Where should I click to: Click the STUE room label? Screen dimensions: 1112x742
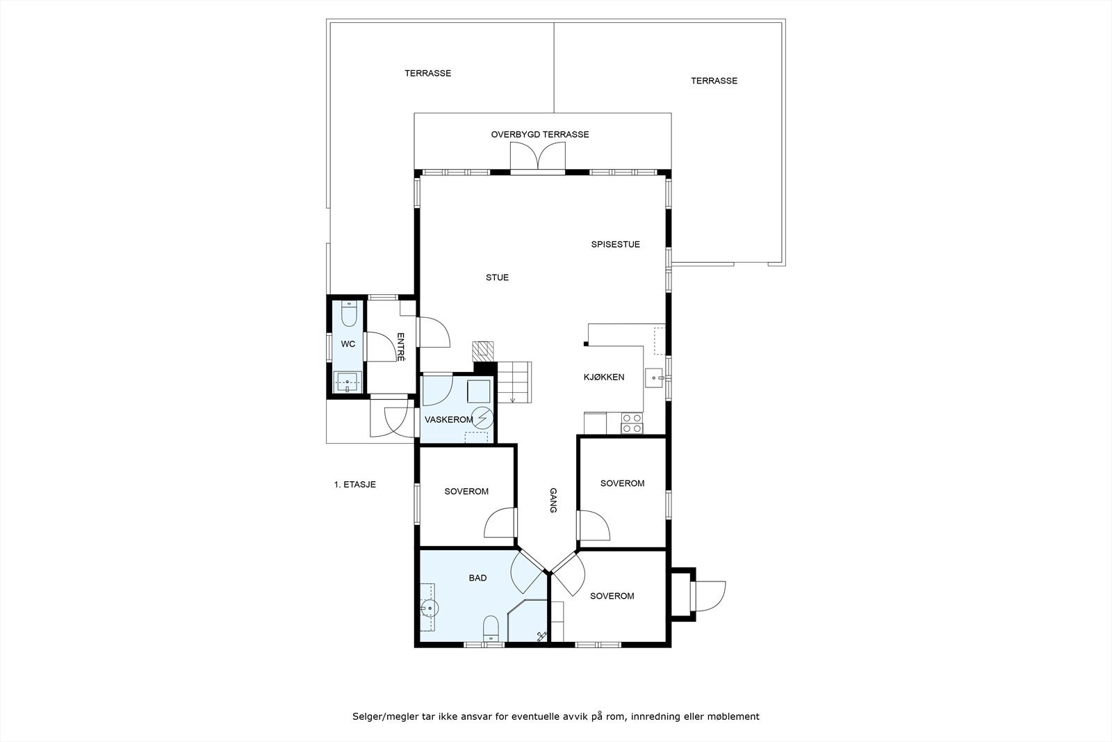497,277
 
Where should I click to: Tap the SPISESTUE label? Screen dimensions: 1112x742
615,244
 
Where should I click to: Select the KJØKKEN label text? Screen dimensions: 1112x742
604,377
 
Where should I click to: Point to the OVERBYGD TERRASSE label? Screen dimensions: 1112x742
539,135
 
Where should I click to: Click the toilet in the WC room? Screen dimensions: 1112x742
349,314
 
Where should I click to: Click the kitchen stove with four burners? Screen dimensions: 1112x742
632,424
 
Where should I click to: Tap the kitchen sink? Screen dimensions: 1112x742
655,378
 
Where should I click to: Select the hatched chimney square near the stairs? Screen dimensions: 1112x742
482,351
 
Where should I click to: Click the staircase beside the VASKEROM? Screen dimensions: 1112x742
514,382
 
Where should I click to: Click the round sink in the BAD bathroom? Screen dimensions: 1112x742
429,607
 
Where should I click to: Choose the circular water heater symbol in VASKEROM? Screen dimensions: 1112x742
482,418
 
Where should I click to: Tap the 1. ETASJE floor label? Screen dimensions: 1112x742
354,485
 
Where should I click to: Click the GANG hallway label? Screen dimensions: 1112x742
553,500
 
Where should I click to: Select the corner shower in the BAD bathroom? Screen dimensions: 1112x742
528,621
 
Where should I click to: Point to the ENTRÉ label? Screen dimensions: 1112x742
401,347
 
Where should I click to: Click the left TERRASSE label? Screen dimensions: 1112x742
427,74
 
